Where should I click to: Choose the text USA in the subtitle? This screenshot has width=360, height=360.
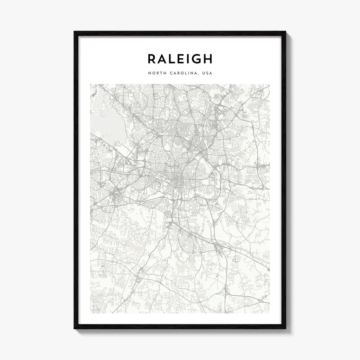pos(207,73)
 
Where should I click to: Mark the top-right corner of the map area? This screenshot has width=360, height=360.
pos(269,84)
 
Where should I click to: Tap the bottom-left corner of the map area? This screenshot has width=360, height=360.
pos(90,313)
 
